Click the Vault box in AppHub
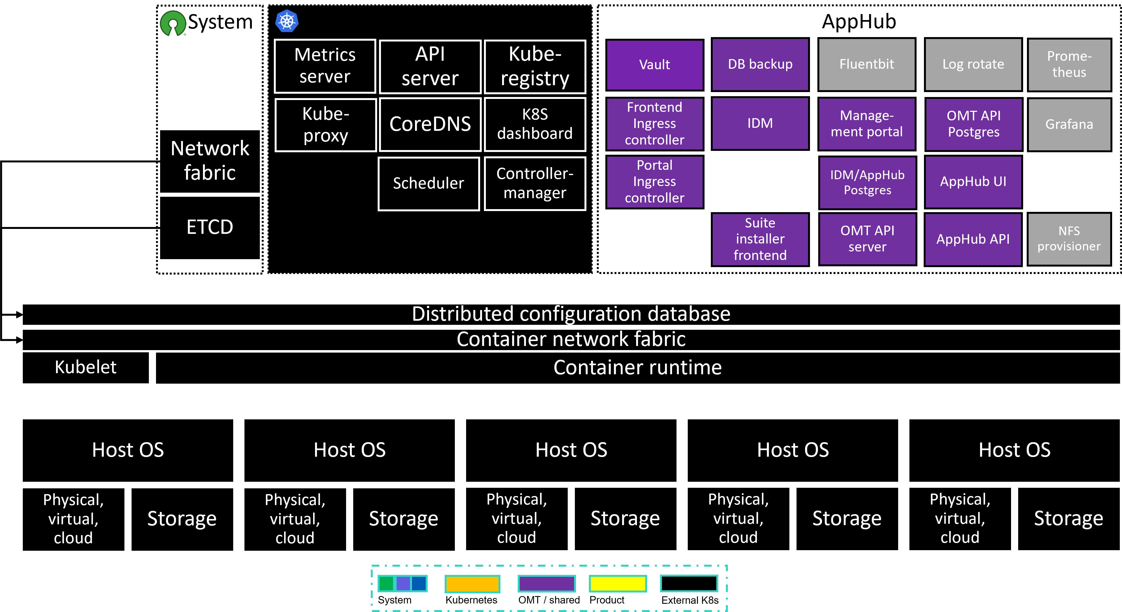coord(655,65)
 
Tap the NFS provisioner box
coord(1069,239)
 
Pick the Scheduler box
coord(428,184)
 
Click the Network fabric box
coord(210,161)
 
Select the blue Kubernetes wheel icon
coord(286,21)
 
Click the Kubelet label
coord(85,367)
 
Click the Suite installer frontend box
coord(760,239)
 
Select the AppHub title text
coord(859,22)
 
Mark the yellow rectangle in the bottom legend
coord(618,584)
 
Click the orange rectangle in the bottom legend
coord(472,584)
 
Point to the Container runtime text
coord(637,367)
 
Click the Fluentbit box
coord(867,65)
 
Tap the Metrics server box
coord(325,66)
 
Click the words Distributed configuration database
coord(571,314)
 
